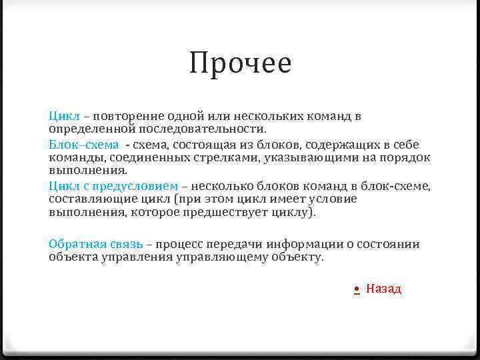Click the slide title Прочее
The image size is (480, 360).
(x=240, y=64)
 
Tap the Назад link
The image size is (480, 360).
(x=383, y=289)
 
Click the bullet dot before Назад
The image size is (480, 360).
(x=357, y=289)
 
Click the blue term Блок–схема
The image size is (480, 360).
(x=84, y=145)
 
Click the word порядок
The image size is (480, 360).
(x=406, y=157)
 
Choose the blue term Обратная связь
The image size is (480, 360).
(x=95, y=244)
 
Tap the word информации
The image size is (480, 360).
(x=301, y=244)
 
